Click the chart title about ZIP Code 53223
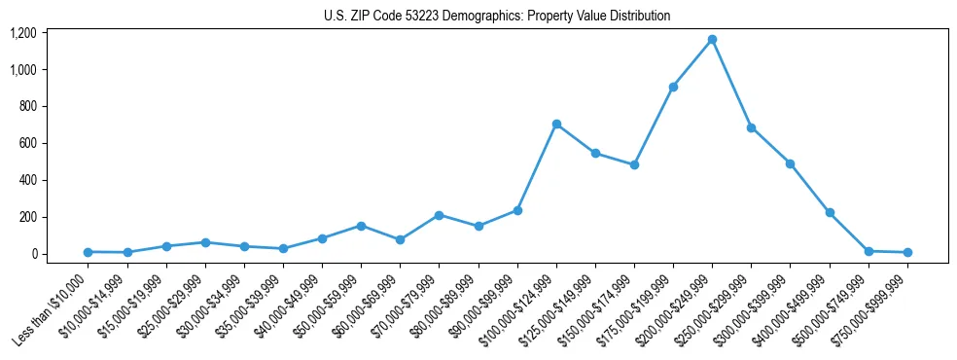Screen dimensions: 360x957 pos(497,16)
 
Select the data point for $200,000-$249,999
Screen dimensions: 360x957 pos(712,40)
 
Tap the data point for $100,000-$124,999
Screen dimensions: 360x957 pos(556,124)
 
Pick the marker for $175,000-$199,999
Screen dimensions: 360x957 pos(673,87)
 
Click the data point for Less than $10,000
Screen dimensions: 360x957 pos(89,252)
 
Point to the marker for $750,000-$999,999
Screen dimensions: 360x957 pos(907,252)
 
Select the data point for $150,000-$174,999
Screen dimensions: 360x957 pos(634,164)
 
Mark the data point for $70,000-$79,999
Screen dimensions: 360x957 pos(440,215)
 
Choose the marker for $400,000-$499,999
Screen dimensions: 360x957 pos(830,212)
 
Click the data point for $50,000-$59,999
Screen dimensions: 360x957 pos(361,226)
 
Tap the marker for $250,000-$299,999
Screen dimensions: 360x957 pos(751,127)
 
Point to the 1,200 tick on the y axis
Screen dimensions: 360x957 pos(23,33)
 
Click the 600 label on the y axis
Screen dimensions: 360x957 pos(27,143)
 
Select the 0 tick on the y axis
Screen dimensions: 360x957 pos(33,254)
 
